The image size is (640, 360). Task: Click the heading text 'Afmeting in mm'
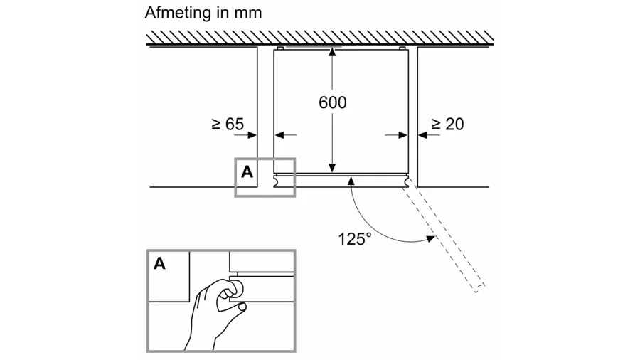(203, 13)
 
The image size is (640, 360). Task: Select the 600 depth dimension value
(332, 102)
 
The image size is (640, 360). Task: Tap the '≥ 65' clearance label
(228, 124)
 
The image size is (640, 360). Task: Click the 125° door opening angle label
(355, 238)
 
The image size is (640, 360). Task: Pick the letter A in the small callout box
(247, 171)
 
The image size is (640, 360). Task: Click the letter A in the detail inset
(160, 263)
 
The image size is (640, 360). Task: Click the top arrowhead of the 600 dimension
(332, 52)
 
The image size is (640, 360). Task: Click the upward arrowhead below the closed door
(350, 182)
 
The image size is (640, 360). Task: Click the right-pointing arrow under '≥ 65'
(251, 134)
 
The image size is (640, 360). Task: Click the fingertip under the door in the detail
(242, 307)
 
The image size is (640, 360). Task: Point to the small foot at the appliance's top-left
(280, 48)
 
